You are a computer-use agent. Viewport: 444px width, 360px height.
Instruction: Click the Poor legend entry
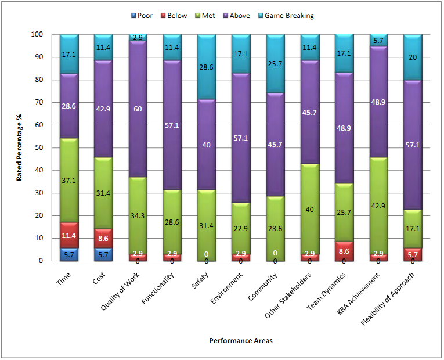point(142,16)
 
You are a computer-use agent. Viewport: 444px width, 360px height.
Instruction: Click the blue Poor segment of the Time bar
point(69,254)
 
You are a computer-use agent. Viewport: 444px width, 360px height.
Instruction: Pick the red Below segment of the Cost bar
point(103,238)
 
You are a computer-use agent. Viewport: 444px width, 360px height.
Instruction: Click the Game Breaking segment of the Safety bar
point(207,67)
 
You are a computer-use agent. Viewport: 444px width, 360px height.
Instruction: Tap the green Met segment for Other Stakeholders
point(310,209)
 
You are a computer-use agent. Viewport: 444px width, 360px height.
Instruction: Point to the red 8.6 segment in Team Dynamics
point(344,251)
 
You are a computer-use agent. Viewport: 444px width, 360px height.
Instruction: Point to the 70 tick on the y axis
point(45,102)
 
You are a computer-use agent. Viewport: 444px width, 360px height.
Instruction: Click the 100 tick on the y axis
point(42,34)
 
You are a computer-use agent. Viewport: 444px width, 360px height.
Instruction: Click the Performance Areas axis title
point(240,341)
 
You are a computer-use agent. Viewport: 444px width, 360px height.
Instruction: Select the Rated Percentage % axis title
point(20,148)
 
